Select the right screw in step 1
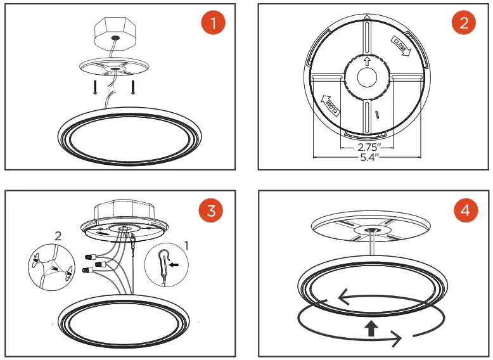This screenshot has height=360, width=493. pyautogui.click(x=133, y=87)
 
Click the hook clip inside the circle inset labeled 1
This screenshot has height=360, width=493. pyautogui.click(x=163, y=263)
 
